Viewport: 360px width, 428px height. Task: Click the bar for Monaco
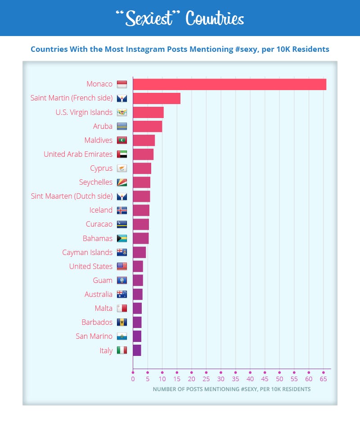(x=229, y=84)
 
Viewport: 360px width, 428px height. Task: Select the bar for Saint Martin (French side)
(x=157, y=98)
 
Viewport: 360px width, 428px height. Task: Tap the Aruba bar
(x=147, y=126)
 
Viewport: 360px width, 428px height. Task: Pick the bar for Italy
(x=137, y=350)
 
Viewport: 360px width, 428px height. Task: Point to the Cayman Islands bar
(x=139, y=252)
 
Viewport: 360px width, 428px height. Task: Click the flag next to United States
(x=121, y=266)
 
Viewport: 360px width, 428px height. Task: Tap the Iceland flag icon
(x=121, y=210)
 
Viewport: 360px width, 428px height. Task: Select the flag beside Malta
(x=121, y=308)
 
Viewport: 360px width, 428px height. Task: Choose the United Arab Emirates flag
(x=121, y=154)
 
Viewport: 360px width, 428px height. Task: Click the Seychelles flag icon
(x=121, y=182)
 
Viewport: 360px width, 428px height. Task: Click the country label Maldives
(x=98, y=140)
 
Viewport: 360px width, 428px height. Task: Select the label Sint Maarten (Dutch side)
(x=72, y=196)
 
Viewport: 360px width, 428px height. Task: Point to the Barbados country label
(x=97, y=322)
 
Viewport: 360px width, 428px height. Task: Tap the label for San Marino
(x=94, y=336)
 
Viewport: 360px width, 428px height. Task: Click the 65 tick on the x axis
(x=323, y=379)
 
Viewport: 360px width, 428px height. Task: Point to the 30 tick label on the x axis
(x=220, y=379)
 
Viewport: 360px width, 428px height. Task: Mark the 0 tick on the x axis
(x=133, y=379)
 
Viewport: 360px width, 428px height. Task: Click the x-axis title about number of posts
(x=231, y=389)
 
